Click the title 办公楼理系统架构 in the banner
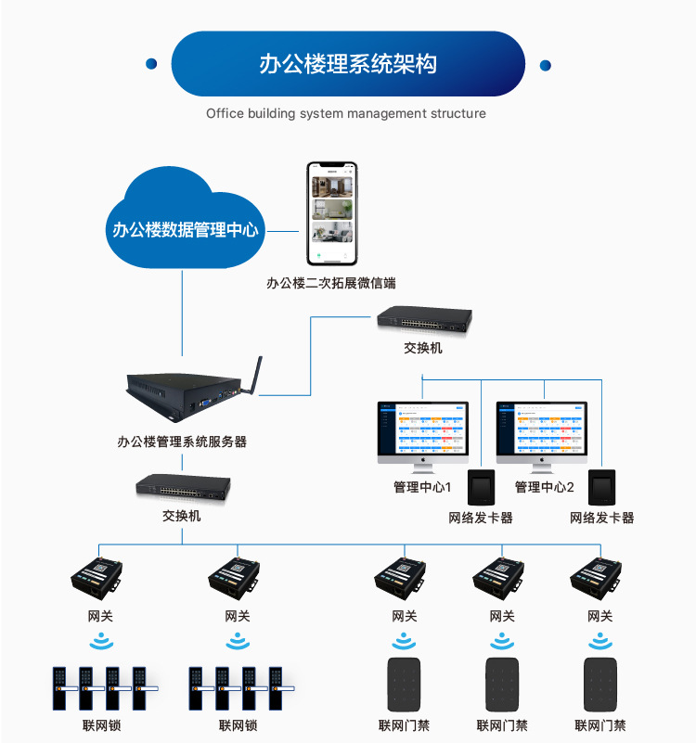pyautogui.click(x=348, y=64)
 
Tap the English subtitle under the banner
pyautogui.click(x=346, y=113)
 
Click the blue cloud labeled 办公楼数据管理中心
pyautogui.click(x=185, y=223)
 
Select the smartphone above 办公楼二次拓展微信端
pyautogui.click(x=332, y=213)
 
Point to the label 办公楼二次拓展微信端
pyautogui.click(x=331, y=283)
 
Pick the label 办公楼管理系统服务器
pyautogui.click(x=182, y=442)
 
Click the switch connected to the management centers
pyautogui.click(x=423, y=320)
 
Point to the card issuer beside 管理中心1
pyautogui.click(x=481, y=487)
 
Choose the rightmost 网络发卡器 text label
pyautogui.click(x=602, y=518)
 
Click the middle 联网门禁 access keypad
pyautogui.click(x=502, y=685)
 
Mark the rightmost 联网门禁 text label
pyautogui.click(x=600, y=725)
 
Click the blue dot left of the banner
pyautogui.click(x=151, y=65)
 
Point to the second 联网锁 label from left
pyautogui.click(x=238, y=725)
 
